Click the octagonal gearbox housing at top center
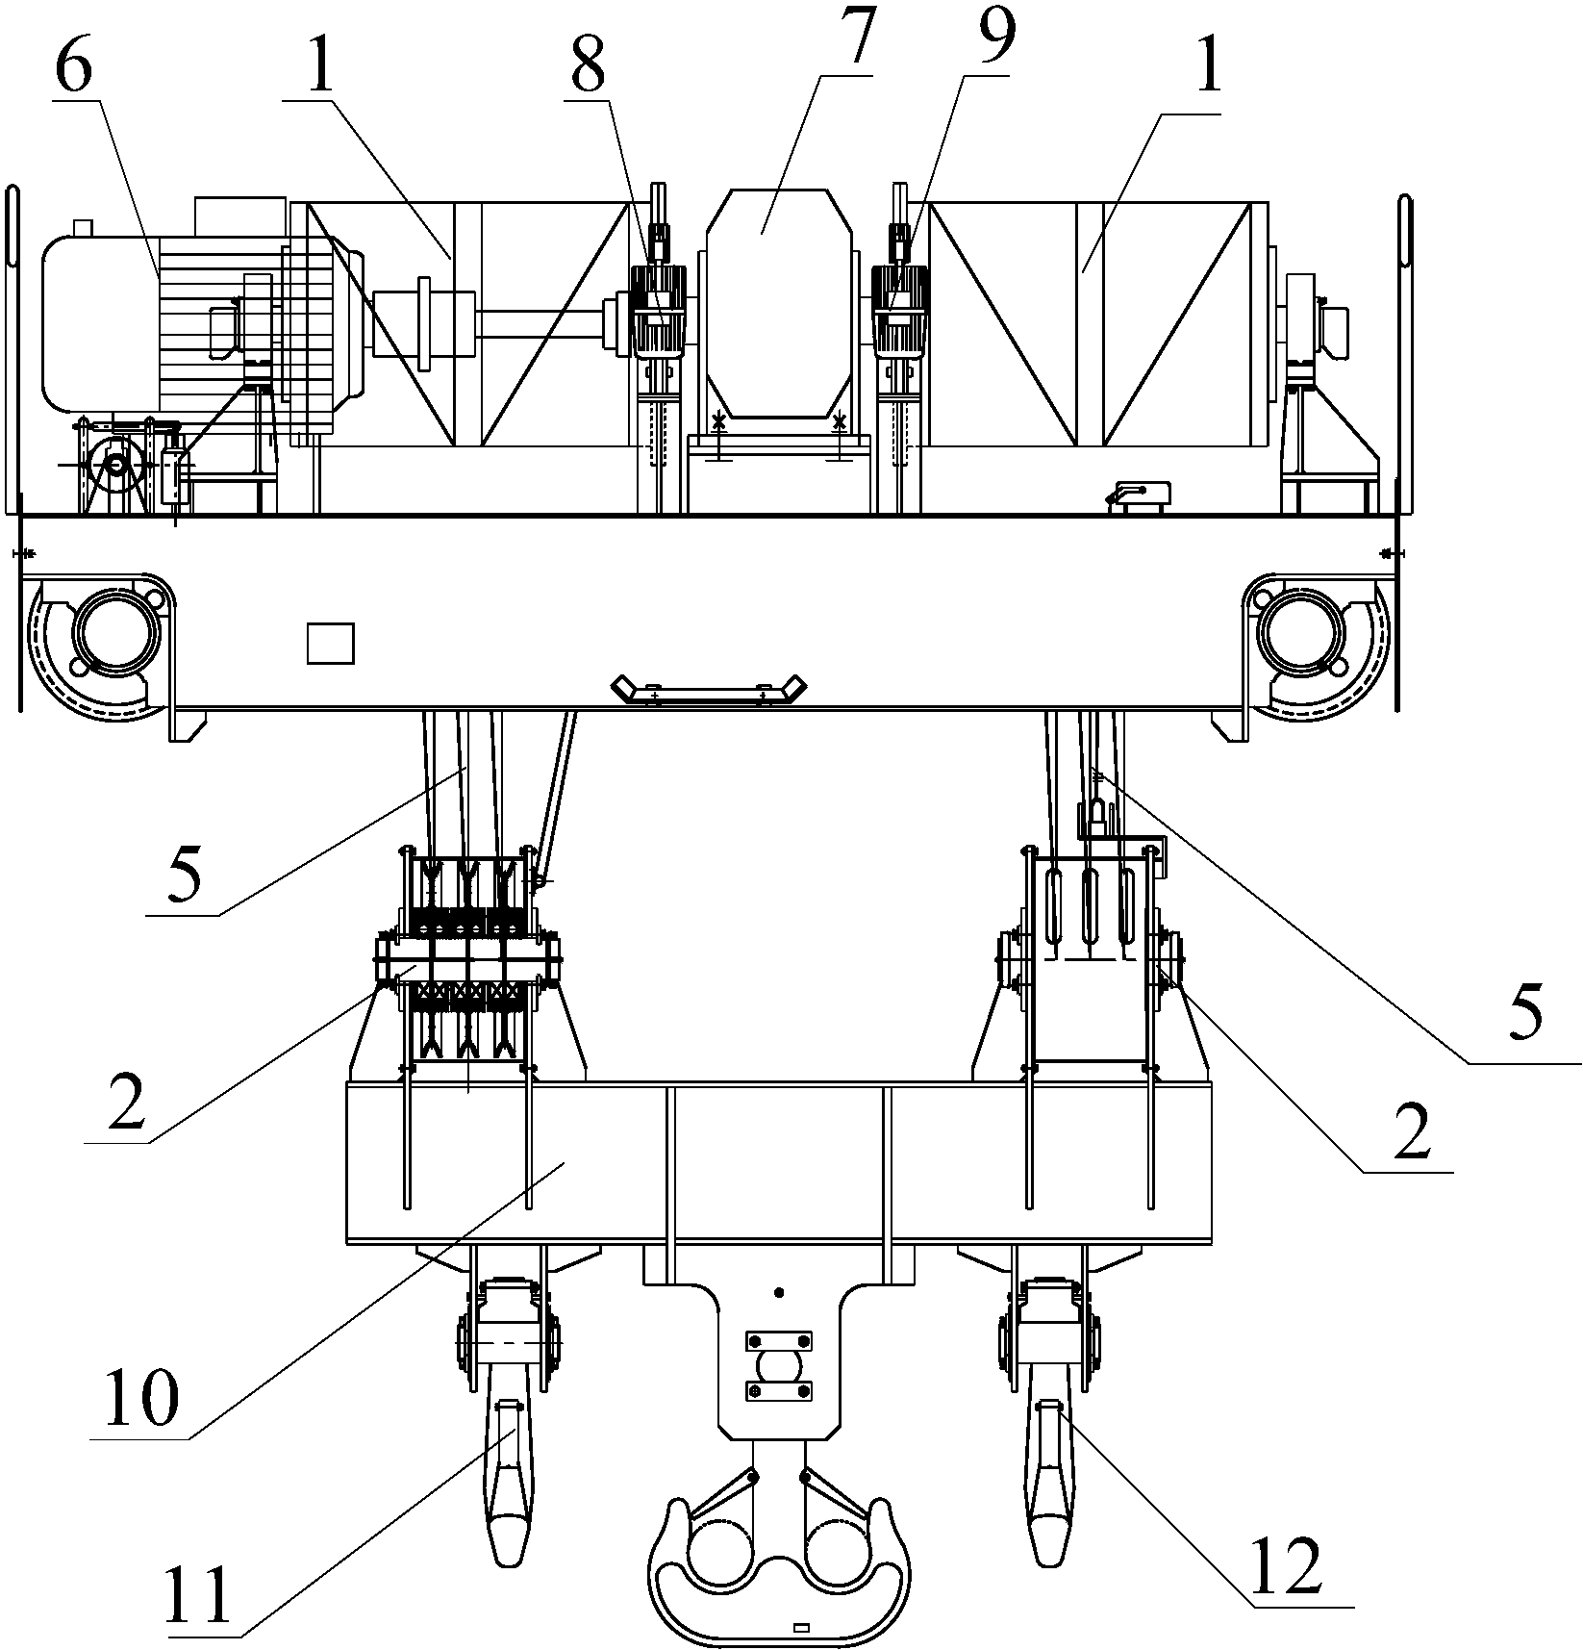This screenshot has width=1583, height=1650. coord(779,303)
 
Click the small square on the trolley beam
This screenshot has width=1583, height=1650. coord(330,644)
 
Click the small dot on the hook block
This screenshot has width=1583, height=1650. coord(780,1292)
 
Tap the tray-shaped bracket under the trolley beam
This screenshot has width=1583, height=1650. coord(709,691)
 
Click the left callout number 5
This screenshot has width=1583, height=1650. coord(185,873)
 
